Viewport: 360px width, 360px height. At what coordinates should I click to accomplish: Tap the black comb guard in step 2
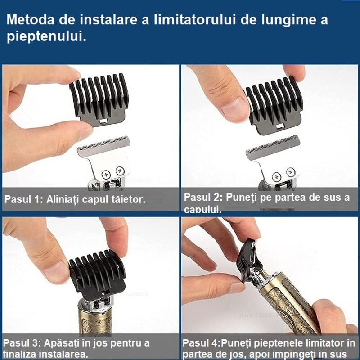pos(272,106)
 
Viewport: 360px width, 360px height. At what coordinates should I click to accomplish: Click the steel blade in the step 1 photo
pos(104,155)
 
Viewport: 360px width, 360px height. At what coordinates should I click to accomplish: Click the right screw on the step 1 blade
pos(120,170)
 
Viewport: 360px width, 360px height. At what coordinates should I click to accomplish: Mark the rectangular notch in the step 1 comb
pos(103,121)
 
